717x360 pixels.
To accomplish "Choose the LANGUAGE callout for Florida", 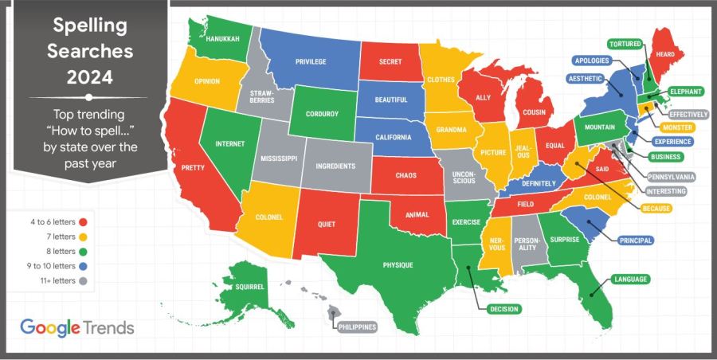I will (630, 280).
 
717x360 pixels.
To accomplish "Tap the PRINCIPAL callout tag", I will (635, 240).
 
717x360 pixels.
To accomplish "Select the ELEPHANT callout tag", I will (684, 91).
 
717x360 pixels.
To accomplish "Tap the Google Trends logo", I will (76, 327).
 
